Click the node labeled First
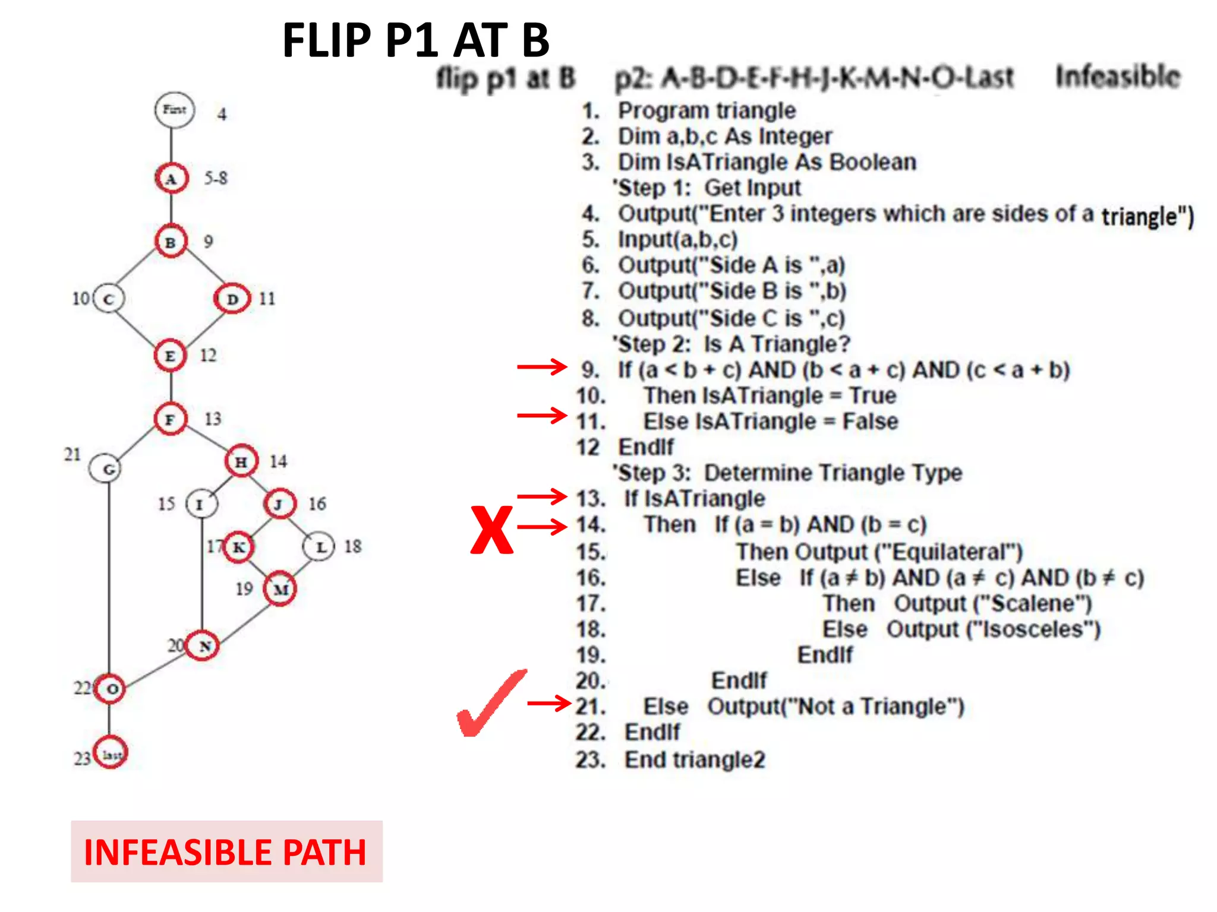click(x=174, y=110)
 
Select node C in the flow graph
click(x=108, y=299)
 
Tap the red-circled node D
click(x=232, y=299)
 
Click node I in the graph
click(x=200, y=504)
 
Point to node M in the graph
click(x=280, y=589)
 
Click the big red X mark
click(x=491, y=529)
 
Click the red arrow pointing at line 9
click(x=542, y=367)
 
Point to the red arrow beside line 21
click(x=549, y=704)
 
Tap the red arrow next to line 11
click(x=542, y=416)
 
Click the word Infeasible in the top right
click(x=1117, y=77)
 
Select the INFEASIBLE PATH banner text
click(x=226, y=851)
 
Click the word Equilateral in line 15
click(x=948, y=552)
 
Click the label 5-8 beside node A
click(x=216, y=178)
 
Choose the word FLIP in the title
click(x=327, y=40)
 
